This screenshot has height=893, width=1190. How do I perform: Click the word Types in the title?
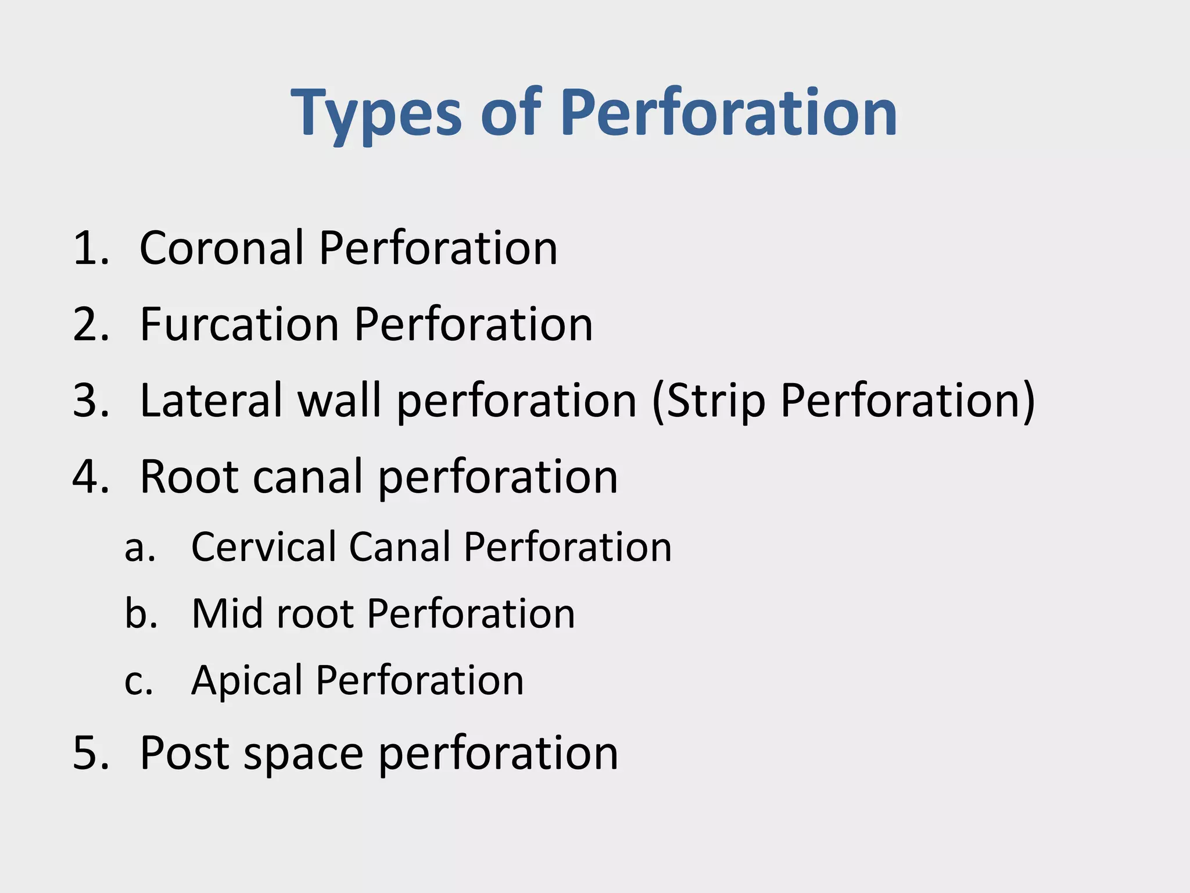click(x=377, y=113)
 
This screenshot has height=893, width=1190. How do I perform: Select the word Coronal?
click(x=221, y=248)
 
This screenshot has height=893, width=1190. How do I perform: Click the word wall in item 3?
click(x=339, y=401)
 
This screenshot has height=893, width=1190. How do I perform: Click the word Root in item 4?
click(x=189, y=477)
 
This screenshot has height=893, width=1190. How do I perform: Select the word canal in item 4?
click(x=309, y=477)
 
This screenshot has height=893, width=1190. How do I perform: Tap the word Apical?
click(x=246, y=681)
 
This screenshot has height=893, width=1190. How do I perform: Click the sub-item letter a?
click(x=138, y=548)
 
